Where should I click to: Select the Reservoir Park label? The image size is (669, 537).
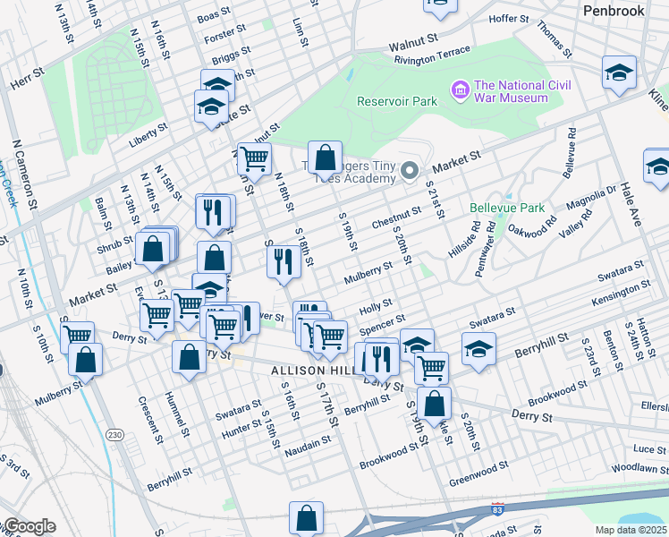pos(397,101)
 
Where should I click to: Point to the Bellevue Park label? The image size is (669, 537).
pos(507,208)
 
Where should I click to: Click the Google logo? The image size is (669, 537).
pos(29,526)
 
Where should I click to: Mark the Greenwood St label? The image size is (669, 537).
pos(478,466)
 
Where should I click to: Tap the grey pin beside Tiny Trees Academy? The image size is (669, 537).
pos(410,170)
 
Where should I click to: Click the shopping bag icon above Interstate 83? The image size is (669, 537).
pos(306,518)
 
